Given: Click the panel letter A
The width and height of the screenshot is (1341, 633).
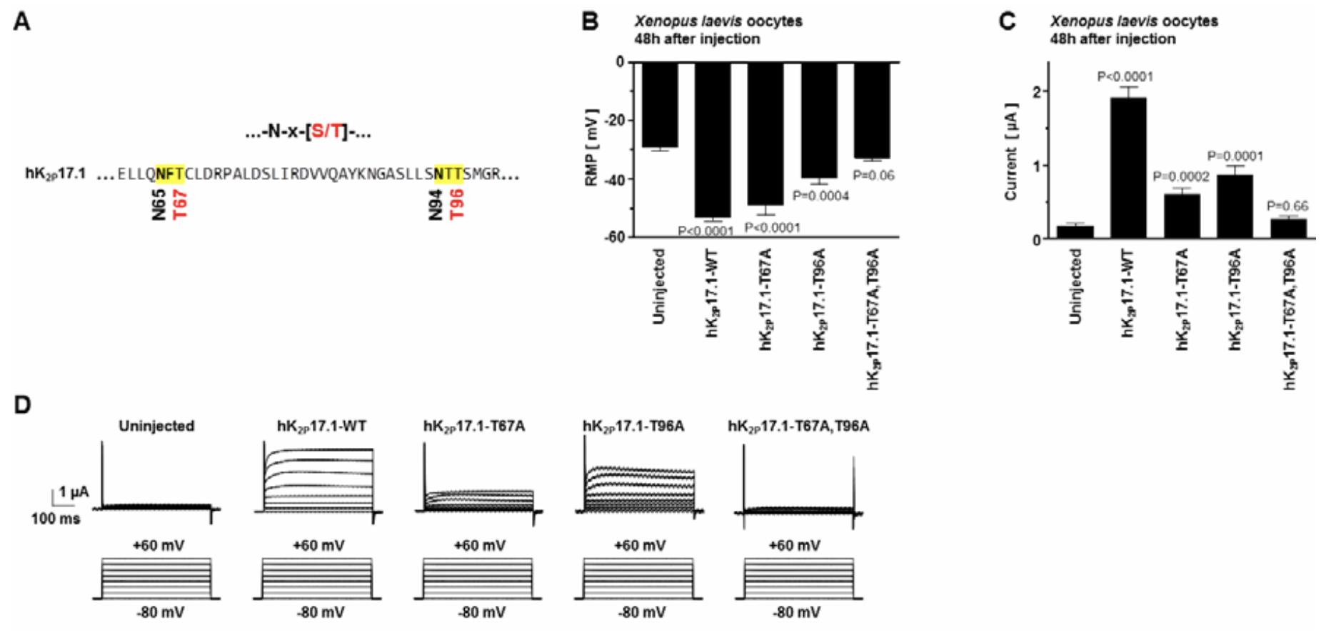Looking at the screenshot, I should coord(22,22).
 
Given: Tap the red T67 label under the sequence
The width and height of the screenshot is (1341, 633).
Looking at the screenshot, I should coord(179,204).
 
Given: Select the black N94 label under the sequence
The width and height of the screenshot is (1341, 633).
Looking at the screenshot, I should coord(436,204).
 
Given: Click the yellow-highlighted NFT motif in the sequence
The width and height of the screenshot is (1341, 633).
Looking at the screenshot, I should coord(170,174).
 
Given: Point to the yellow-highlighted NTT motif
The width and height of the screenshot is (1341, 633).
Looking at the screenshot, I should coord(448,174).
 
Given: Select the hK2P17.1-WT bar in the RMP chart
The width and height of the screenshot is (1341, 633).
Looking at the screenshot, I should coord(713,139).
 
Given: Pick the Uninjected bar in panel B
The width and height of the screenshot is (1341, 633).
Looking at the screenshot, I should coord(660,104).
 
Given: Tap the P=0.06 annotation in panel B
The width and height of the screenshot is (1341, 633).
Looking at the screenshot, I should coord(873,175).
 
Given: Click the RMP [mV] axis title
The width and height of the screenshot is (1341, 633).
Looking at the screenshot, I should coord(591,148).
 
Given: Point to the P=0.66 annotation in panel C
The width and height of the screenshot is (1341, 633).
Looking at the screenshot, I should coord(1287,206).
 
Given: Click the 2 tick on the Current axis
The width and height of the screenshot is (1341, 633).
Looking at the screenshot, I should coord(1035,91).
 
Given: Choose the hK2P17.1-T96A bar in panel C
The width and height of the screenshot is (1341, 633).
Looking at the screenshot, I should coord(1235,206).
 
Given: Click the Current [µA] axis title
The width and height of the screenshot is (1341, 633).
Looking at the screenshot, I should coord(1010,151).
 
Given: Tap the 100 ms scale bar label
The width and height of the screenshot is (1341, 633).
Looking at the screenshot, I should coord(55,519).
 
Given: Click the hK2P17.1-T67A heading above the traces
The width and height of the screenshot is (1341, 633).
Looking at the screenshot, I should coord(473,427).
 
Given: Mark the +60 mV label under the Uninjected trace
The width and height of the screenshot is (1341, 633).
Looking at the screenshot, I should coord(158,546).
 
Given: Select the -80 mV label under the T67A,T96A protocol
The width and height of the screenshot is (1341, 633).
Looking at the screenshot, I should coord(796,612).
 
